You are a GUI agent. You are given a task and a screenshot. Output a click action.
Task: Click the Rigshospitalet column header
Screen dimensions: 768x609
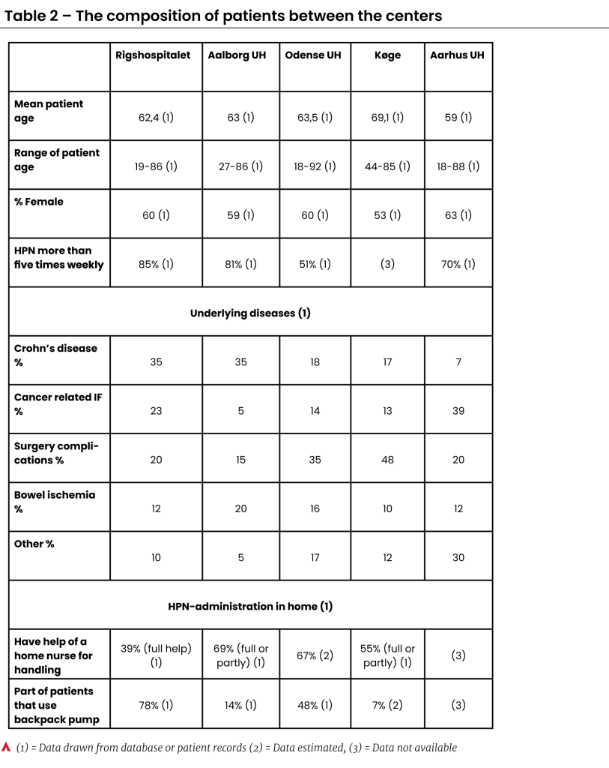tap(154, 55)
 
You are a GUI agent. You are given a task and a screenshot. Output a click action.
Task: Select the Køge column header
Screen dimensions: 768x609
tap(388, 55)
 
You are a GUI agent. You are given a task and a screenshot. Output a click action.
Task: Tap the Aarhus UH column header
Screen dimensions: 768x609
tap(458, 55)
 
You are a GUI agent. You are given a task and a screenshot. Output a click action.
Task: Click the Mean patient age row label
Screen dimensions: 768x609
tap(49, 111)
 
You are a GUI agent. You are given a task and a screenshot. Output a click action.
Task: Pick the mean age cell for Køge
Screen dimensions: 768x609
tap(387, 118)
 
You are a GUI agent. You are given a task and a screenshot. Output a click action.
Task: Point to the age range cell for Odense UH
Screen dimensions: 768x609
tap(315, 166)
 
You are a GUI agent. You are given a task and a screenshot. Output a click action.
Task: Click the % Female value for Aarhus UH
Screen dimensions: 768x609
tap(458, 215)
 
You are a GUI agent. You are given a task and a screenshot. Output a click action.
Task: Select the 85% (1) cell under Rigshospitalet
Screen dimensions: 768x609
tap(156, 264)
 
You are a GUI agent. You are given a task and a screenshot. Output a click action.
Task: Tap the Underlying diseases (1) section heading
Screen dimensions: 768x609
tap(250, 313)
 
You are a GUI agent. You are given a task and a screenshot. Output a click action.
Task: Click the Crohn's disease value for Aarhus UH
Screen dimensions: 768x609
tap(458, 361)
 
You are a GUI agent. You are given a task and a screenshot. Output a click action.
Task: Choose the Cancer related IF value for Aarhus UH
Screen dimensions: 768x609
tap(458, 411)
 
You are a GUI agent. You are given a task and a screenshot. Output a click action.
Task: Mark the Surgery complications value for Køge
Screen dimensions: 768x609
tap(387, 460)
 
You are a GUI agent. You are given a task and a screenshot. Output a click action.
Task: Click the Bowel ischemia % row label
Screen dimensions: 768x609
tap(55, 502)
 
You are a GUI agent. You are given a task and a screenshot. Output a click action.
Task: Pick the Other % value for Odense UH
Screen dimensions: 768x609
tap(315, 557)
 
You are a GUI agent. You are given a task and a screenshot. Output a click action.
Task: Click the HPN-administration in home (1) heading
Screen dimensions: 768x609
tap(250, 606)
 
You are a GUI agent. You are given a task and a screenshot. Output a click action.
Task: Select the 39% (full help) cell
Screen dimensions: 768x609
tap(156, 655)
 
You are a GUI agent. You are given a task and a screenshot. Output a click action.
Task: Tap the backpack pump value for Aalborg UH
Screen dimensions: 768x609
tap(240, 705)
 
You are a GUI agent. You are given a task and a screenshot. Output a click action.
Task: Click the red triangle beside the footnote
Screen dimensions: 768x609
tap(7, 747)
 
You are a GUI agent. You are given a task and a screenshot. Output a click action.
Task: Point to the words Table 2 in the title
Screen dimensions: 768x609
tap(34, 15)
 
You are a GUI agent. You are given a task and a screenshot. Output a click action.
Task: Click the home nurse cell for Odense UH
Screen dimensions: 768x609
tap(315, 655)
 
